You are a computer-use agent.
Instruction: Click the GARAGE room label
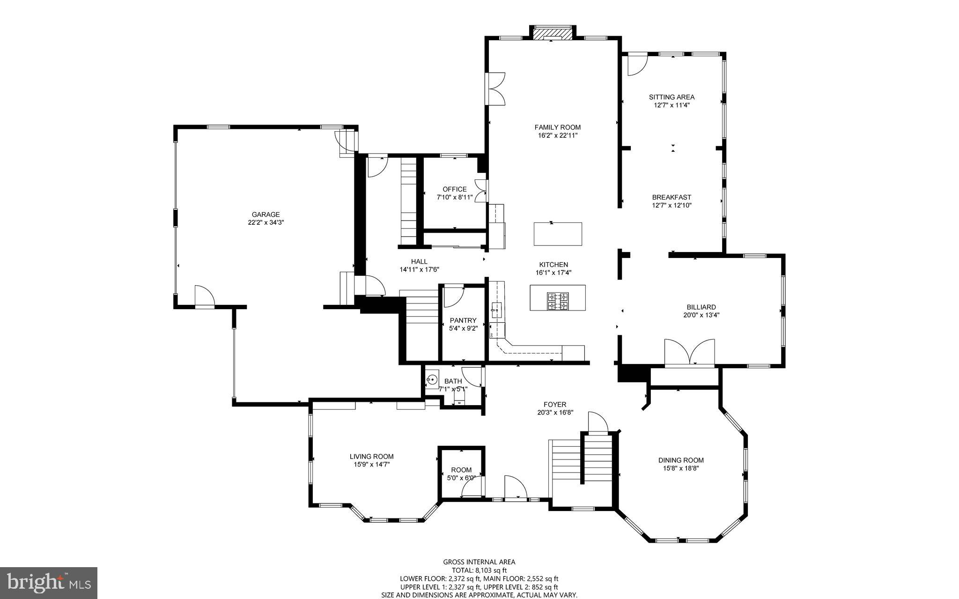tap(266, 214)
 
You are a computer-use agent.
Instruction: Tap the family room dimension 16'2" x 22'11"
tap(557, 135)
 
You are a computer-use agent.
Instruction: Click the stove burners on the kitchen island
tap(558, 301)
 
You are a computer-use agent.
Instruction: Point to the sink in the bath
tap(432, 379)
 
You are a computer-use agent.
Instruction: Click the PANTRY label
tap(463, 320)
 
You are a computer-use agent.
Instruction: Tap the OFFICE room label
tap(454, 189)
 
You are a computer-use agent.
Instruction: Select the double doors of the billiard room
tap(690, 352)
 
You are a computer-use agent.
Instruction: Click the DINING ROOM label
tap(680, 460)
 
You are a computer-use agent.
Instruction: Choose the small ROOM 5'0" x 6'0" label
tap(461, 470)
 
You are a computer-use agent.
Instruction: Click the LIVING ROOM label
tap(371, 456)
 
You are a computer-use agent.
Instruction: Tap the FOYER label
tap(555, 404)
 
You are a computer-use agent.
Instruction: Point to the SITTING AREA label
tap(671, 97)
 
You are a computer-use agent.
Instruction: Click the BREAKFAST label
tap(671, 197)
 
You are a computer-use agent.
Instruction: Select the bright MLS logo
tap(49, 582)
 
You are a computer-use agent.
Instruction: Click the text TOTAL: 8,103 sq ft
tap(479, 570)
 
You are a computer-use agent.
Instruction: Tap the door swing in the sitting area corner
tap(636, 65)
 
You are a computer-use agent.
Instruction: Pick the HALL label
tap(419, 261)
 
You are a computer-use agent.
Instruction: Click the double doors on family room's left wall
tap(496, 89)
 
